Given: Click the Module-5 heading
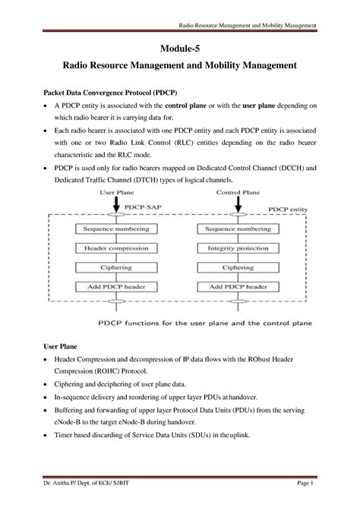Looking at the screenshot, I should click(179, 48).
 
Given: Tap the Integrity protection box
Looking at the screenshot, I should click(244, 248).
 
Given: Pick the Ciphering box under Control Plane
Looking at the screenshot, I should click(244, 267).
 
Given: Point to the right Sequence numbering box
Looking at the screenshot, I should click(244, 228).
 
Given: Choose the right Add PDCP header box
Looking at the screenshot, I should click(244, 287).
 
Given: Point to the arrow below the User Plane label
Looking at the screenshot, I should click(116, 203).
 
